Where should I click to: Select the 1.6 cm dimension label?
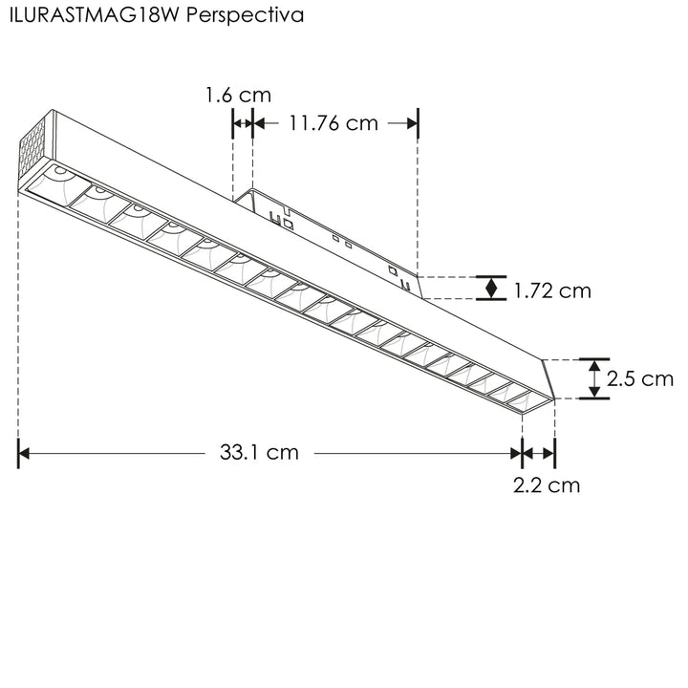[x=238, y=96]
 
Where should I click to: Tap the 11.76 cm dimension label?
[x=333, y=123]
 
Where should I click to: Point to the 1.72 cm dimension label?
[x=552, y=290]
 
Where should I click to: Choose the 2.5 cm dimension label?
[x=640, y=378]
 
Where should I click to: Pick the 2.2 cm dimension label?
[x=547, y=485]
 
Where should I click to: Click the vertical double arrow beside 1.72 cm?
[x=491, y=288]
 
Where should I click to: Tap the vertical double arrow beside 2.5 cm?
[x=594, y=378]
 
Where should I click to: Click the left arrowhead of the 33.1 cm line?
[x=26, y=453]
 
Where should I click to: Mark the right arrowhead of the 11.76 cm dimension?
[x=412, y=122]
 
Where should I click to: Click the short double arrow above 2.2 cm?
[x=539, y=453]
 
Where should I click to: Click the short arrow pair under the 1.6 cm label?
[x=243, y=122]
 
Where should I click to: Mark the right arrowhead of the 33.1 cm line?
[x=516, y=453]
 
